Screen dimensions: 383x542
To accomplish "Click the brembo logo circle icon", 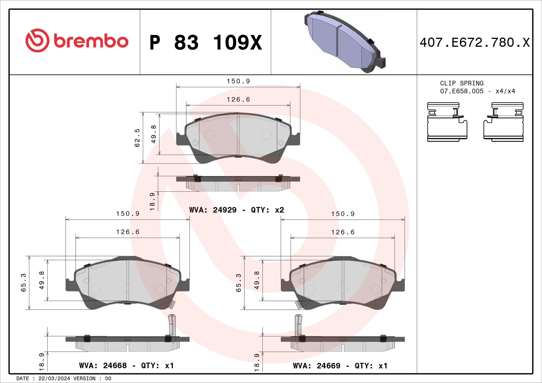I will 37,40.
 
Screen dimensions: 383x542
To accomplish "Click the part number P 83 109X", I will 206,43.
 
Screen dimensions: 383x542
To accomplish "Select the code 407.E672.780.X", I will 475,43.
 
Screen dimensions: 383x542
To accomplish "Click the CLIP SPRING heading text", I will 462,83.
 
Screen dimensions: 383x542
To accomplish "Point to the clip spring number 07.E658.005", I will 462,91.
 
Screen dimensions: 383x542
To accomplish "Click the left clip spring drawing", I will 447,122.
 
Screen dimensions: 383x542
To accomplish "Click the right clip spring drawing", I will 504,122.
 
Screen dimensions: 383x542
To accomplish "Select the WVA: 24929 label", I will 213,210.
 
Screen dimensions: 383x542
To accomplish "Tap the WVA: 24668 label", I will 103,366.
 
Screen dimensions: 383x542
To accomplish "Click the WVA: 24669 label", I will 316,366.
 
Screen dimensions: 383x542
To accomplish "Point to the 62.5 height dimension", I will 137,138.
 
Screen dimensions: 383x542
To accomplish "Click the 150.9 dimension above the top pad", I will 238,81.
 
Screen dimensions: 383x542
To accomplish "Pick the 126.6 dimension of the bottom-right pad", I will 343,232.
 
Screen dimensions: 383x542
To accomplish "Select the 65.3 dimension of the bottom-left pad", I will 23,283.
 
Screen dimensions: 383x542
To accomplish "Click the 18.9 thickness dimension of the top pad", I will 152,201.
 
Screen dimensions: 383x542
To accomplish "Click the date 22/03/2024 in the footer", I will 54,378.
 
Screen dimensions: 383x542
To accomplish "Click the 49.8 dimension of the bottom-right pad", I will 257,280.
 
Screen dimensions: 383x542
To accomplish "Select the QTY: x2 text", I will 267,210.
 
